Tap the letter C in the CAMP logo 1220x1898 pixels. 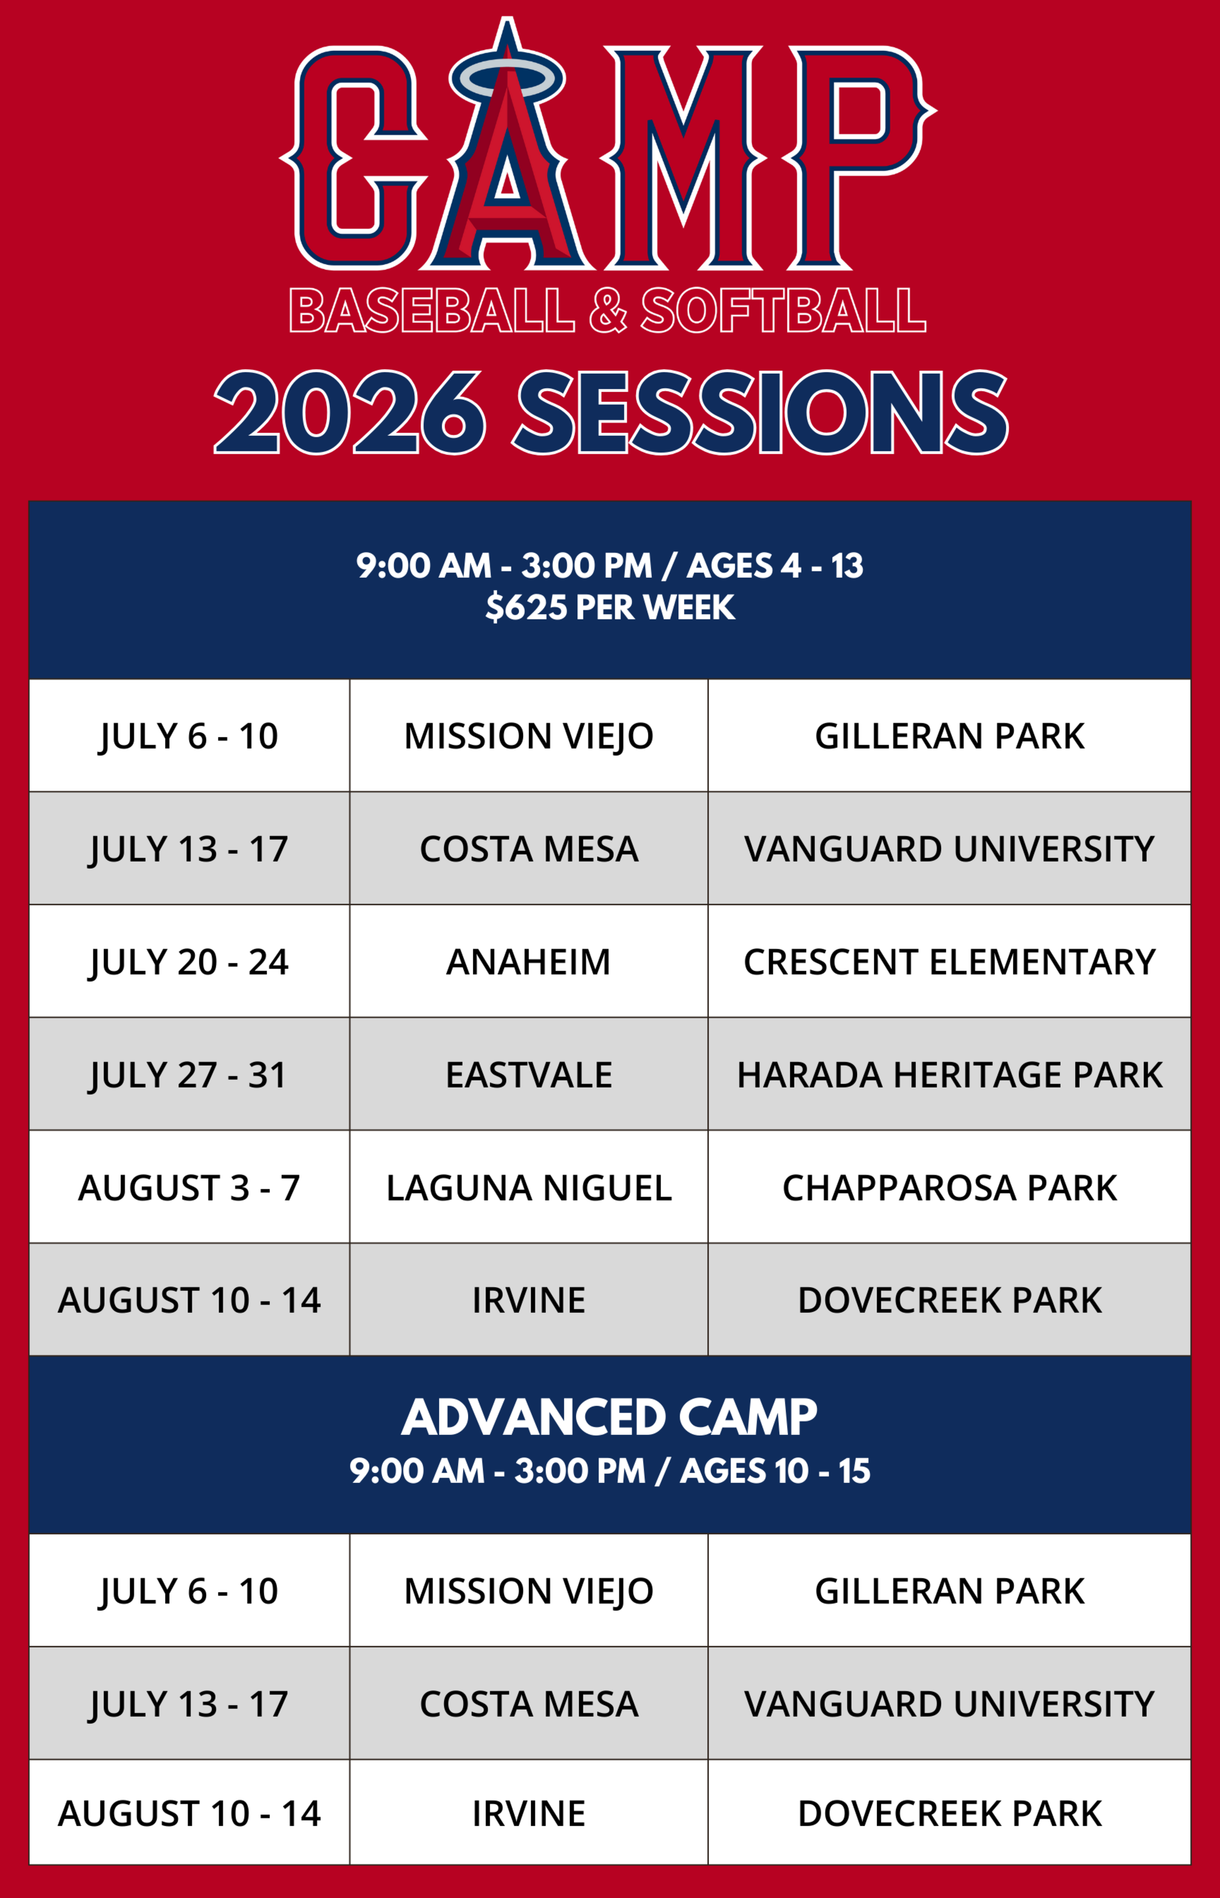coord(355,159)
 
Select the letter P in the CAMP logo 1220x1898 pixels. coord(860,159)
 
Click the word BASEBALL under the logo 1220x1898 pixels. coord(432,310)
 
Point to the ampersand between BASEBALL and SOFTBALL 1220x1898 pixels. coord(608,310)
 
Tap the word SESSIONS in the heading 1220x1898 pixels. coord(762,413)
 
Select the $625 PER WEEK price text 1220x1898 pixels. coord(610,607)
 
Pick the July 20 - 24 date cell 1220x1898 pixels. coord(190,961)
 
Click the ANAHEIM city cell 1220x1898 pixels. coord(528,961)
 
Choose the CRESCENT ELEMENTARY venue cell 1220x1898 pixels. coord(949,961)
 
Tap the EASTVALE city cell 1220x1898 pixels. coord(528,1074)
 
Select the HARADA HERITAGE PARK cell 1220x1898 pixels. coord(949,1074)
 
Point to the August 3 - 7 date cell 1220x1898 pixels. coord(190,1187)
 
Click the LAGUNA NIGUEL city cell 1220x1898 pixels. coord(528,1187)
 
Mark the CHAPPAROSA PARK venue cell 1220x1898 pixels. coord(949,1187)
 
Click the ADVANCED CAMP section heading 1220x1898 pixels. coord(609,1417)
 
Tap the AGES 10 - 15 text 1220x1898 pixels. coord(775,1471)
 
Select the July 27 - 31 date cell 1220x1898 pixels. coord(190,1074)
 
